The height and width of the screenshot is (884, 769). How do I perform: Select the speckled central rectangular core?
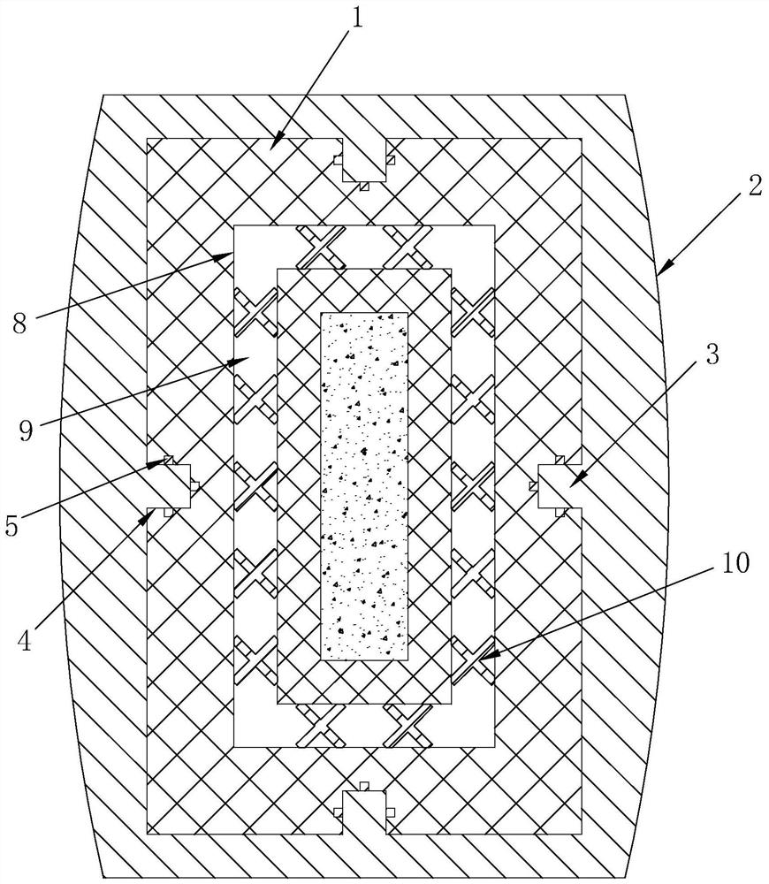[363, 486]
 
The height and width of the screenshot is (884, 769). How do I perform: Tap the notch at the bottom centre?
[364, 809]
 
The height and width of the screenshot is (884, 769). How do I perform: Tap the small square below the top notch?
[364, 187]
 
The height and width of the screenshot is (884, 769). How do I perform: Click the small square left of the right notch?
[534, 484]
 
